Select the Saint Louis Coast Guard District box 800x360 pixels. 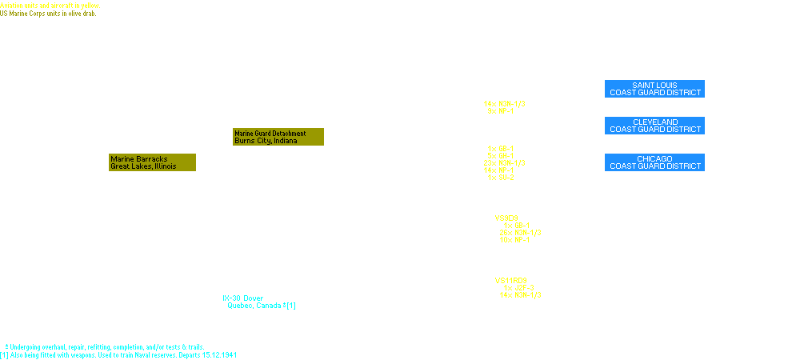click(x=655, y=89)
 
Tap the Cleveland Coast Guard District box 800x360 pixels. click(x=655, y=126)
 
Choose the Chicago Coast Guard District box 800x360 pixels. click(x=655, y=162)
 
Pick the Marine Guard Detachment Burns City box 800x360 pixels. click(x=279, y=137)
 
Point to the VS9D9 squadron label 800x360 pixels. click(x=506, y=218)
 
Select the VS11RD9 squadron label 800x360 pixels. click(x=510, y=281)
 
